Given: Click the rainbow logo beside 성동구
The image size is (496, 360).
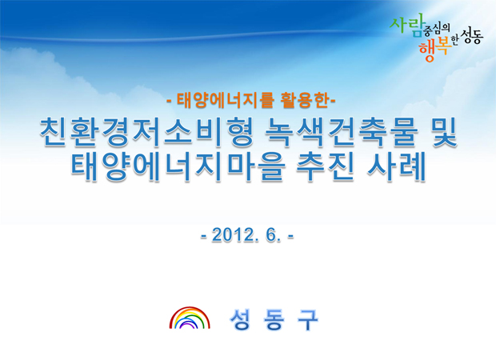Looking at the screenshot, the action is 190,318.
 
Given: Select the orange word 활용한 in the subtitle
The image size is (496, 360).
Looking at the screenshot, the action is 305,101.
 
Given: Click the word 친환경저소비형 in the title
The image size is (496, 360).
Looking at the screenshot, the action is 147,132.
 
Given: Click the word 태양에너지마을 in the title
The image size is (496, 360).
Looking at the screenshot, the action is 177,166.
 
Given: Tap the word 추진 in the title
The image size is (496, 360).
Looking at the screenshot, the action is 325,166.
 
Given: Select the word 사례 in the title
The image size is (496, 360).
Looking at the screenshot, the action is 397,166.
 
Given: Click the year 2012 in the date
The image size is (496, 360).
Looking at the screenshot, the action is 232,235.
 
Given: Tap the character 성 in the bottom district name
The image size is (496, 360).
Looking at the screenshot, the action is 240,319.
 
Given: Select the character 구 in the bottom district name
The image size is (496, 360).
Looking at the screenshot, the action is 308,319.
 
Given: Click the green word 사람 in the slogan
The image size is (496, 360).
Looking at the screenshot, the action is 406,25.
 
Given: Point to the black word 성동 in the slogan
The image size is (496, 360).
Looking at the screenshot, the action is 472,36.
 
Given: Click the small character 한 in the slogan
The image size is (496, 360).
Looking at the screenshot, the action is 454,41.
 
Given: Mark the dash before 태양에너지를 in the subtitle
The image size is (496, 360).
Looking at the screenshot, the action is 170,102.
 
